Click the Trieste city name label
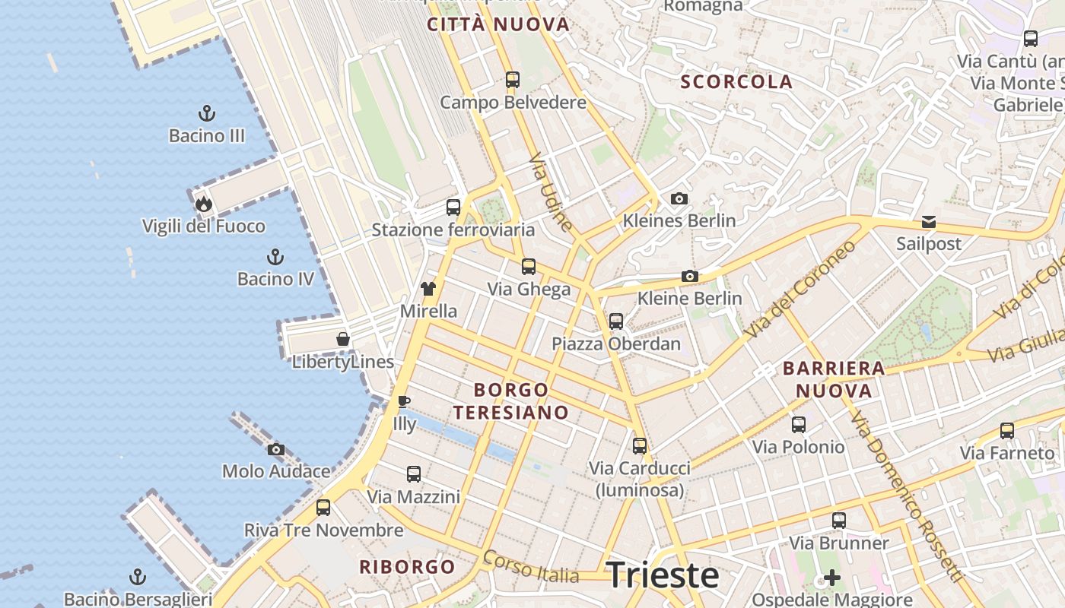click(x=663, y=575)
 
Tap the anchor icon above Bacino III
click(x=207, y=114)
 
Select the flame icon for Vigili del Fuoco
click(x=203, y=204)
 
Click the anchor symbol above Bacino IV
click(x=275, y=257)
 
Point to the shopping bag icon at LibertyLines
click(x=343, y=339)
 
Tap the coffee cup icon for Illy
click(x=404, y=401)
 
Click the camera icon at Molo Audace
click(x=276, y=449)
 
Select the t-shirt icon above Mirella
click(x=428, y=289)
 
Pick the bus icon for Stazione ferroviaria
click(x=453, y=207)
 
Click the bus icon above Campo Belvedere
click(x=513, y=79)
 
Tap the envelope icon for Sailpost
click(x=929, y=222)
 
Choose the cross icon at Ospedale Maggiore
click(x=832, y=578)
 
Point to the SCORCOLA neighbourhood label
click(x=736, y=82)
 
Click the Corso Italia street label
click(x=530, y=566)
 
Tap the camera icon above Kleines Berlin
click(x=679, y=199)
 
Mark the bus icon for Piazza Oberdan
click(x=616, y=321)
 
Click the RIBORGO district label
click(x=407, y=567)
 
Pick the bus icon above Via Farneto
click(x=1007, y=431)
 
